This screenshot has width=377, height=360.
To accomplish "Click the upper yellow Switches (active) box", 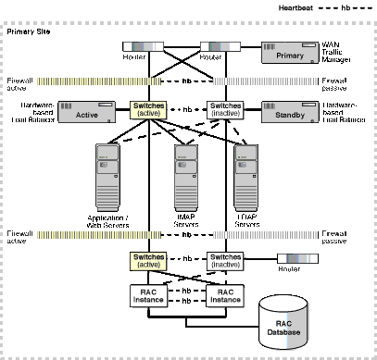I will (149, 111).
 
